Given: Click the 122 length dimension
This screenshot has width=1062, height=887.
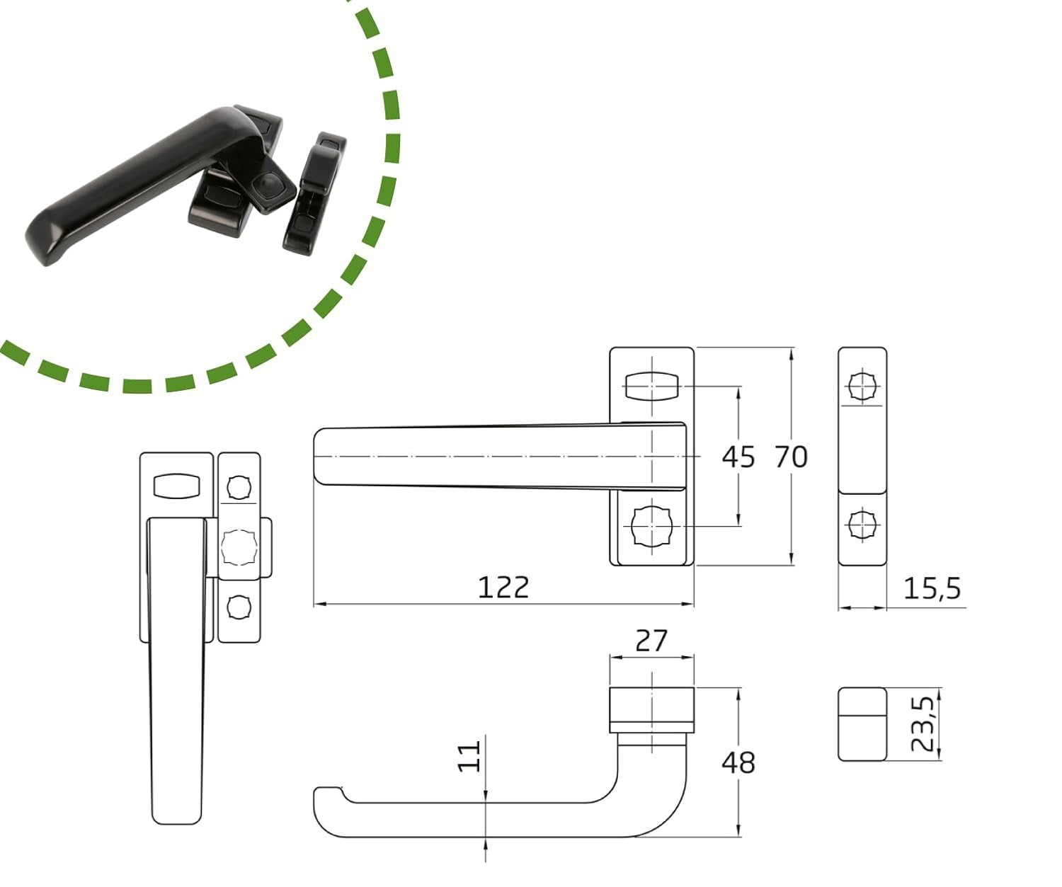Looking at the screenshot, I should tap(503, 588).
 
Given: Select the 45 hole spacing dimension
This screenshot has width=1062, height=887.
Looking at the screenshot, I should tap(738, 457).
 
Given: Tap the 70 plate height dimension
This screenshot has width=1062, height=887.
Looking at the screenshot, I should tap(791, 457).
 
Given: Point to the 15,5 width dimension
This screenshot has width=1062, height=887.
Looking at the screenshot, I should tap(932, 588).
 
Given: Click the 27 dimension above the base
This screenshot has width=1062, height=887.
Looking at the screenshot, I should tap(651, 641).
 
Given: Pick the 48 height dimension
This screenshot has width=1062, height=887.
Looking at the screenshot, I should tap(738, 763).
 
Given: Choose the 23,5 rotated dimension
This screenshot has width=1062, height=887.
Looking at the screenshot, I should tap(922, 723).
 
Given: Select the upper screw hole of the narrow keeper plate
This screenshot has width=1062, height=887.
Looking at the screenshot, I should tap(862, 387).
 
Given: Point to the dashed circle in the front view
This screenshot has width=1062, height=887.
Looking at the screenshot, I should tap(239, 546).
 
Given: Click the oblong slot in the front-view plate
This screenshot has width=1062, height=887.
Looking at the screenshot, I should tap(177, 486).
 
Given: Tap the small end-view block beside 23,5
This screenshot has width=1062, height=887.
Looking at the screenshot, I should tap(862, 724).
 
